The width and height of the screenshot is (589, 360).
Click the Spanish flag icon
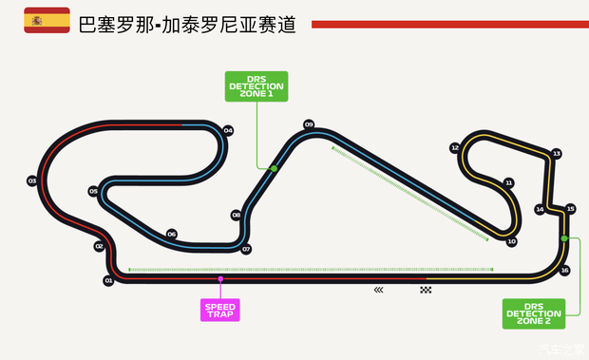[47, 20]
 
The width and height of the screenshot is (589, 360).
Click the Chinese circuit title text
[186, 23]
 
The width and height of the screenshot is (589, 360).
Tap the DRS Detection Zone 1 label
[256, 85]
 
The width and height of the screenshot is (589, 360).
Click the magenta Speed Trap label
[220, 310]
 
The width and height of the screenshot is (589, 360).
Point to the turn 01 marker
[108, 280]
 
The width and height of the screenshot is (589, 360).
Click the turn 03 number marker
[31, 180]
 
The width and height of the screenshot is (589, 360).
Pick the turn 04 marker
[228, 130]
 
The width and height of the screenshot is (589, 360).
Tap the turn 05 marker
[93, 191]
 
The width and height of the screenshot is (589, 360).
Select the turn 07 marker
[246, 249]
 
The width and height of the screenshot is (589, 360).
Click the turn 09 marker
[309, 124]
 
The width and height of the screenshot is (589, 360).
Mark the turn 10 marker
[511, 241]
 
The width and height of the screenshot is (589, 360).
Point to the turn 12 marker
[455, 148]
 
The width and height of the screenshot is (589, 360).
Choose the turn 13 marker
[557, 153]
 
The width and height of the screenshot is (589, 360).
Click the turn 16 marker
[565, 270]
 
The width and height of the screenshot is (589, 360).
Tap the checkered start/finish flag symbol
[426, 289]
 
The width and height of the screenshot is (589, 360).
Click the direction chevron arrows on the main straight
[379, 289]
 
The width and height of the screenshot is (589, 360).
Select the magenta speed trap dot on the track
[220, 278]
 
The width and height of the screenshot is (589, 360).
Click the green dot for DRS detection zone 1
[274, 168]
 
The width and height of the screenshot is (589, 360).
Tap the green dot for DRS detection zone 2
[564, 237]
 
